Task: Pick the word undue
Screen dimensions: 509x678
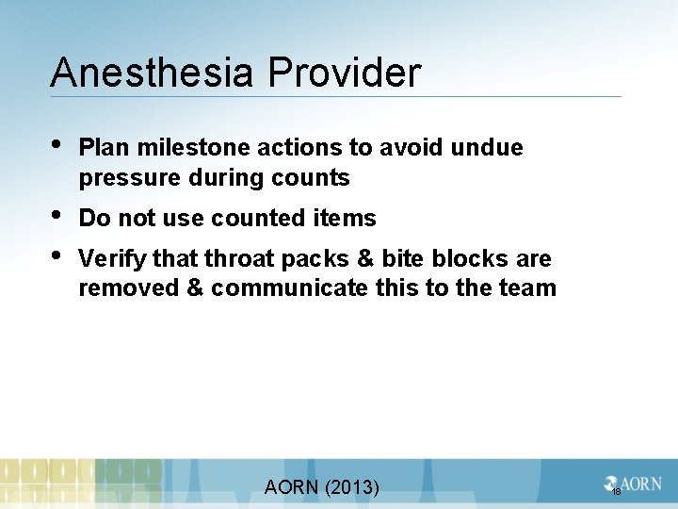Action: click(487, 148)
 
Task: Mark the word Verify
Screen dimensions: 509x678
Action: click(112, 259)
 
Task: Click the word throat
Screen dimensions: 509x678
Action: click(226, 259)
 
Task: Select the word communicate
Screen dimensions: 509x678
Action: click(287, 288)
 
